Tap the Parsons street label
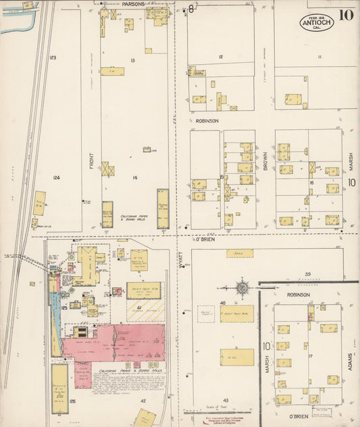[132, 4]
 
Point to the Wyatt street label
[180, 261]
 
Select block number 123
[53, 58]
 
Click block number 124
[57, 178]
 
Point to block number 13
[134, 61]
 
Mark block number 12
[220, 57]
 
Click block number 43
[226, 401]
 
